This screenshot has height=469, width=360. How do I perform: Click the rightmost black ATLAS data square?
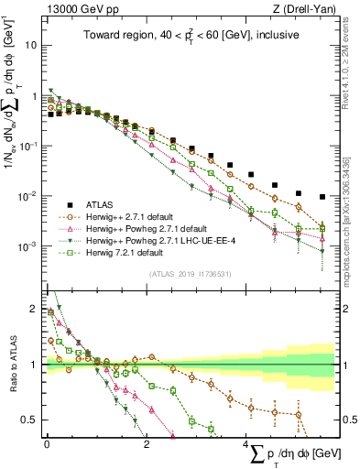pyautogui.click(x=322, y=197)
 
